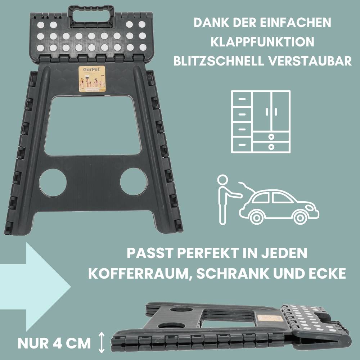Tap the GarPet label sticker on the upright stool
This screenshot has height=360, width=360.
(x=92, y=78)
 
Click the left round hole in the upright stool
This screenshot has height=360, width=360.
(x=53, y=182)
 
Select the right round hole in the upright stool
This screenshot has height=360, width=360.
(x=134, y=181)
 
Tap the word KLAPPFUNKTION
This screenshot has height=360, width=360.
(x=262, y=42)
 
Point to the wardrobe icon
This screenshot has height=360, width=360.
(x=260, y=122)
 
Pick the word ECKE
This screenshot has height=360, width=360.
(x=326, y=273)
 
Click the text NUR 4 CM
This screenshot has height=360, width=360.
(x=54, y=343)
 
